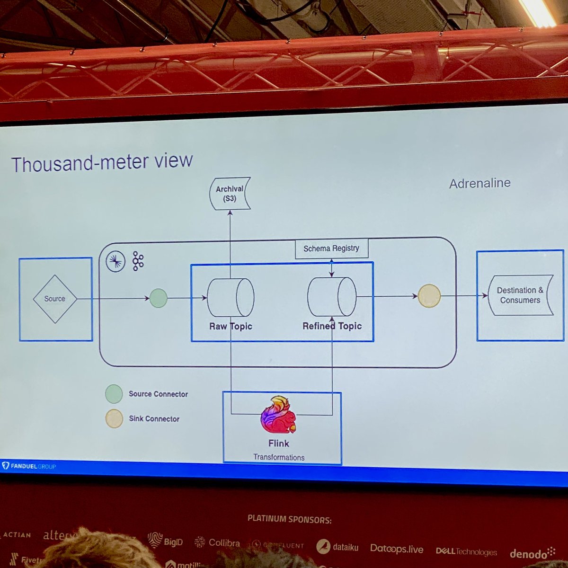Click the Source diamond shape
[55, 299]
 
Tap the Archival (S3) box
[230, 193]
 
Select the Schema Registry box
[331, 248]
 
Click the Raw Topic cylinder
[231, 297]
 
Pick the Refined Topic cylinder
[332, 296]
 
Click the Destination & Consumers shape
[520, 295]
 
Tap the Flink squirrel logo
[278, 416]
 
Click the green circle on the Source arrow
[158, 298]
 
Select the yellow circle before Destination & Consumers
[429, 296]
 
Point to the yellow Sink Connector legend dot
[114, 419]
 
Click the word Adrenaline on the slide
[479, 183]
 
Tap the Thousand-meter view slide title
[102, 162]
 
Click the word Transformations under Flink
[279, 457]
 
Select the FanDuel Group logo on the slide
[29, 466]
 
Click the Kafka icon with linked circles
[138, 261]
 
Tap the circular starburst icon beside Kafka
[115, 262]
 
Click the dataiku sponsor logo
[337, 547]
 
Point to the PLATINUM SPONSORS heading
[289, 519]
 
